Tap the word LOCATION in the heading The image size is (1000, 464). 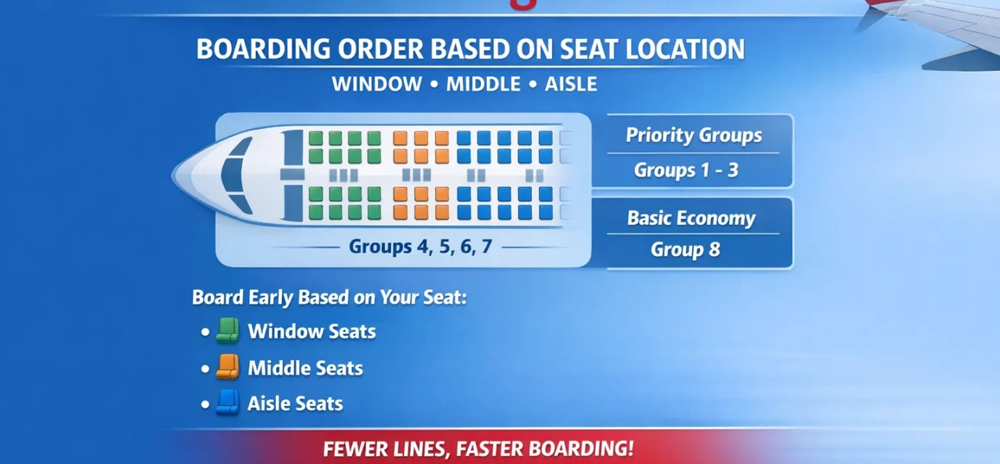687,49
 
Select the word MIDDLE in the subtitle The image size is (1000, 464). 483,84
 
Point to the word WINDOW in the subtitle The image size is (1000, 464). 377,84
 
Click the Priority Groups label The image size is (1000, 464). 693,136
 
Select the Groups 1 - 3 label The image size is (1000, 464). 686,170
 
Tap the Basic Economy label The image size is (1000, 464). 691,218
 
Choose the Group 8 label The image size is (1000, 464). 685,250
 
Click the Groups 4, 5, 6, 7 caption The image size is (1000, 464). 420,246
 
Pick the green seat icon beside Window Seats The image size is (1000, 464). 228,331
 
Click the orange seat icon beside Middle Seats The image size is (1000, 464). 228,368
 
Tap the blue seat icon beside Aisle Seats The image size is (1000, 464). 228,403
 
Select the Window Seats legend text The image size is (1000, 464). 312,331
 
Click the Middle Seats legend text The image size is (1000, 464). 305,368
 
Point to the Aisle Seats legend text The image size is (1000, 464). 295,403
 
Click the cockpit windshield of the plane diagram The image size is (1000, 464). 234,174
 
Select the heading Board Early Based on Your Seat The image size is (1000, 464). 329,298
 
